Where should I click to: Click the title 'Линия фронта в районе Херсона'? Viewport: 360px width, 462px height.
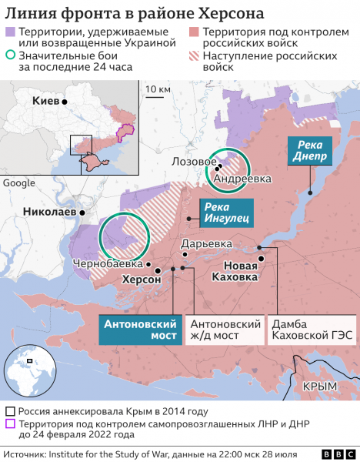click(x=135, y=13)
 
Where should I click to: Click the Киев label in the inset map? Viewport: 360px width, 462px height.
click(x=45, y=101)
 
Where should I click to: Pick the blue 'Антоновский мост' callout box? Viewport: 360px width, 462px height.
click(x=141, y=330)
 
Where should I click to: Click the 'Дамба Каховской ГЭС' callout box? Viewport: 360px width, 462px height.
click(x=311, y=330)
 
